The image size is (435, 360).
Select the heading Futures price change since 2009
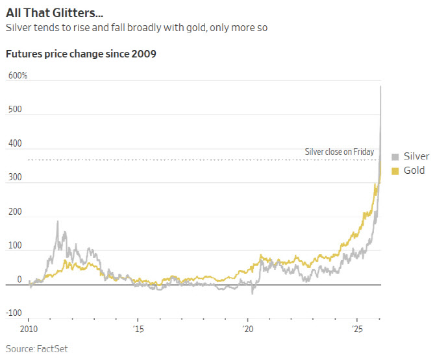(81, 53)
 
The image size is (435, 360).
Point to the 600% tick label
(18, 76)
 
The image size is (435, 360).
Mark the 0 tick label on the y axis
(19, 280)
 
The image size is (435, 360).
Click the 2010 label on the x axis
(29, 329)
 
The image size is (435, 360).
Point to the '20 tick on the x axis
(247, 329)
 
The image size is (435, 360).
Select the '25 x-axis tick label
(356, 329)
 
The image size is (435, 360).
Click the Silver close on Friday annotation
(339, 152)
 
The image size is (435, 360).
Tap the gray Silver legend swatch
(395, 156)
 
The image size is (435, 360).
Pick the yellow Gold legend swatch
(395, 171)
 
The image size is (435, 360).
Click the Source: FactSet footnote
(36, 348)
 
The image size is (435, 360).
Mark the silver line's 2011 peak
(58, 222)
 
